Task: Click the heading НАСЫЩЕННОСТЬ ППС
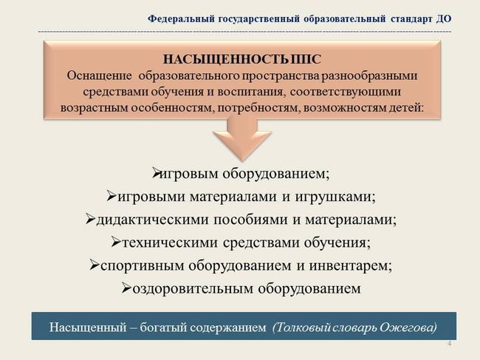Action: click(241, 59)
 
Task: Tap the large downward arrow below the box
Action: click(242, 140)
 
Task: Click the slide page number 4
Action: click(449, 343)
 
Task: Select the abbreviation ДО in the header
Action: click(443, 19)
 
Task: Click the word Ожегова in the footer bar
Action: click(408, 327)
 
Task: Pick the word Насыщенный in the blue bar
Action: click(88, 327)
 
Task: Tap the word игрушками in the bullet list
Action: click(335, 197)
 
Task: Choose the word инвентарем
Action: click(351, 265)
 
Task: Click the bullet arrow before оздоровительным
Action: click(126, 288)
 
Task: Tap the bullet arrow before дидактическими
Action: click(91, 219)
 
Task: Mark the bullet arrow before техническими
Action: click(117, 242)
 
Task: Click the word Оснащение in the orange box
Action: click(100, 75)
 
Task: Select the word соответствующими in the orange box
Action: click(346, 92)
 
